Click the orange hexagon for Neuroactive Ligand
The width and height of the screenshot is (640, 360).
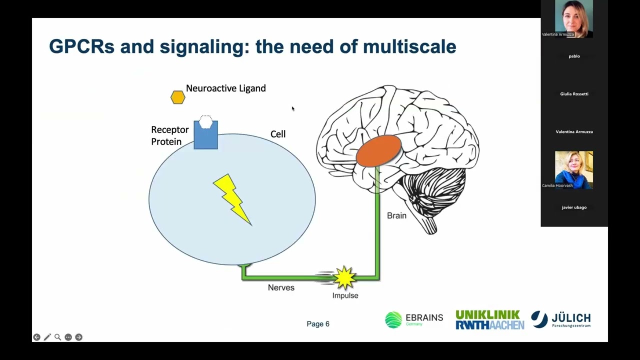click(177, 97)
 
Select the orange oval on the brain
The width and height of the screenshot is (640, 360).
click(378, 151)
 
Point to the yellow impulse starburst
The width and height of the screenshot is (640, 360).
click(344, 277)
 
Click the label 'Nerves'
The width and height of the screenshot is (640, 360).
click(281, 287)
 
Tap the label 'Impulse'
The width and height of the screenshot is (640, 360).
click(345, 295)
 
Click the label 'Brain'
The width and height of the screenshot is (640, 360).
click(396, 215)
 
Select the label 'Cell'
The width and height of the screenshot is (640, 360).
click(278, 134)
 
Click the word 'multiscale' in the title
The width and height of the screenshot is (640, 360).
click(409, 46)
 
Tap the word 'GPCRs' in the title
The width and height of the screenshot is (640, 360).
click(81, 46)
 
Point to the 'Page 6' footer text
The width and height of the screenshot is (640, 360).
click(318, 324)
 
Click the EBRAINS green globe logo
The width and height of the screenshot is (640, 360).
click(393, 319)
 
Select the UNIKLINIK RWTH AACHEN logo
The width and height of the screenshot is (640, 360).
click(489, 320)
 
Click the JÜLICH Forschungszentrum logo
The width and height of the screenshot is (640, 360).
click(560, 320)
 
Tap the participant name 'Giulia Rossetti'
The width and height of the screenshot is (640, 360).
click(574, 94)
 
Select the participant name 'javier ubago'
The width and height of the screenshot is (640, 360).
click(574, 207)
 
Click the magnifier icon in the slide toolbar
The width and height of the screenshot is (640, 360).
click(57, 337)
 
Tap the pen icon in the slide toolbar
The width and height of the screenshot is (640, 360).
click(47, 337)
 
